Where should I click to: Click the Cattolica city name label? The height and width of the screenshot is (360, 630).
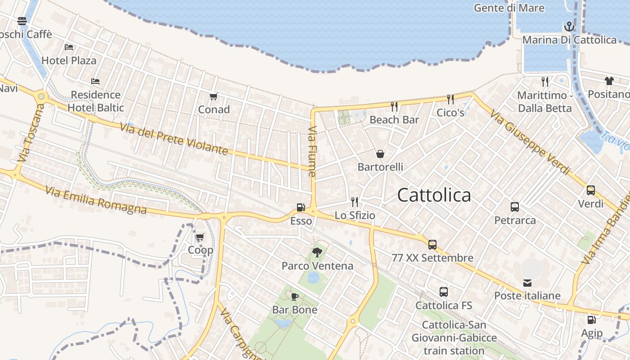(x=434, y=195)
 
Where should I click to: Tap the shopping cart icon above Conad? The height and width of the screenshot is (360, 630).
(x=214, y=96)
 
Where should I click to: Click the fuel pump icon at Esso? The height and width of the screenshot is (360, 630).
(x=301, y=207)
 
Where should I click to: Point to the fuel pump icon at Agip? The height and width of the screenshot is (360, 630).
(x=591, y=320)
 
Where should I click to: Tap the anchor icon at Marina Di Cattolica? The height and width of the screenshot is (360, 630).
(x=569, y=27)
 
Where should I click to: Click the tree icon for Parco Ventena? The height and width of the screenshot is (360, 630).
(x=317, y=252)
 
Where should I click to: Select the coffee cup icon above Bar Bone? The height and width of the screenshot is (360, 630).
(x=295, y=296)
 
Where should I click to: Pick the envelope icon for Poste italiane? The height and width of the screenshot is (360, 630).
(x=527, y=283)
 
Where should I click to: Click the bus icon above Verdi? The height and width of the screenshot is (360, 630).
(x=591, y=190)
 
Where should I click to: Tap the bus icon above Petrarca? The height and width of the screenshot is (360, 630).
(x=515, y=207)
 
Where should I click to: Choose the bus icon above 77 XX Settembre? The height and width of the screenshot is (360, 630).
(x=432, y=245)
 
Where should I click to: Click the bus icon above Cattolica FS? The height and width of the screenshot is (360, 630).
(x=444, y=292)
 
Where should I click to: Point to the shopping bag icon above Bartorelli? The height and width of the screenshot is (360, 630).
(x=380, y=154)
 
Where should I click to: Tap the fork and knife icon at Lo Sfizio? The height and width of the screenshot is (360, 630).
(x=355, y=202)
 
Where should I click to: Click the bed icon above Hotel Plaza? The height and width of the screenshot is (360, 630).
(x=69, y=47)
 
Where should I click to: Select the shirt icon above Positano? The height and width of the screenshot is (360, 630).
(x=609, y=81)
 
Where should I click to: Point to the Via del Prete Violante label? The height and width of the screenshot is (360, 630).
(x=174, y=139)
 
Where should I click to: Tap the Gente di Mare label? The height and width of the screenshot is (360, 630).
(x=509, y=8)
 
